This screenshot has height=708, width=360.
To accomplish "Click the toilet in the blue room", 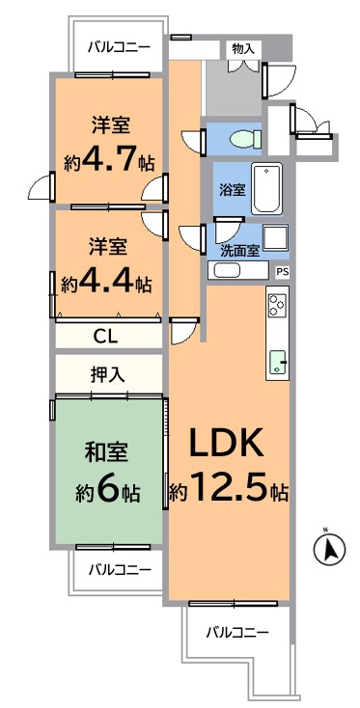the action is [245, 138].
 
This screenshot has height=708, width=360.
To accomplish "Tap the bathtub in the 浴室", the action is [267, 189].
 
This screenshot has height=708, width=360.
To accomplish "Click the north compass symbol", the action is [329, 549].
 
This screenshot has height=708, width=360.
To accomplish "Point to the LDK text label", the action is [226, 444].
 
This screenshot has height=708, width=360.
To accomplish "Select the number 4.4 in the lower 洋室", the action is [107, 283].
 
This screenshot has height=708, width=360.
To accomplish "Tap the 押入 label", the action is [107, 375].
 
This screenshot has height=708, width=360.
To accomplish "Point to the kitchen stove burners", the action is [277, 306].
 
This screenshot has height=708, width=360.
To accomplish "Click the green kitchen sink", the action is [278, 362].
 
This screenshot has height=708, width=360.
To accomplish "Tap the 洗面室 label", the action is [240, 251].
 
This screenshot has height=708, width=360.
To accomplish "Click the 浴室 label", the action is [233, 190].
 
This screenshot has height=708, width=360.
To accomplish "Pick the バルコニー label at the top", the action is [119, 46].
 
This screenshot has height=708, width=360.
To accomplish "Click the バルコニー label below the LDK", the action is [237, 632].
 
